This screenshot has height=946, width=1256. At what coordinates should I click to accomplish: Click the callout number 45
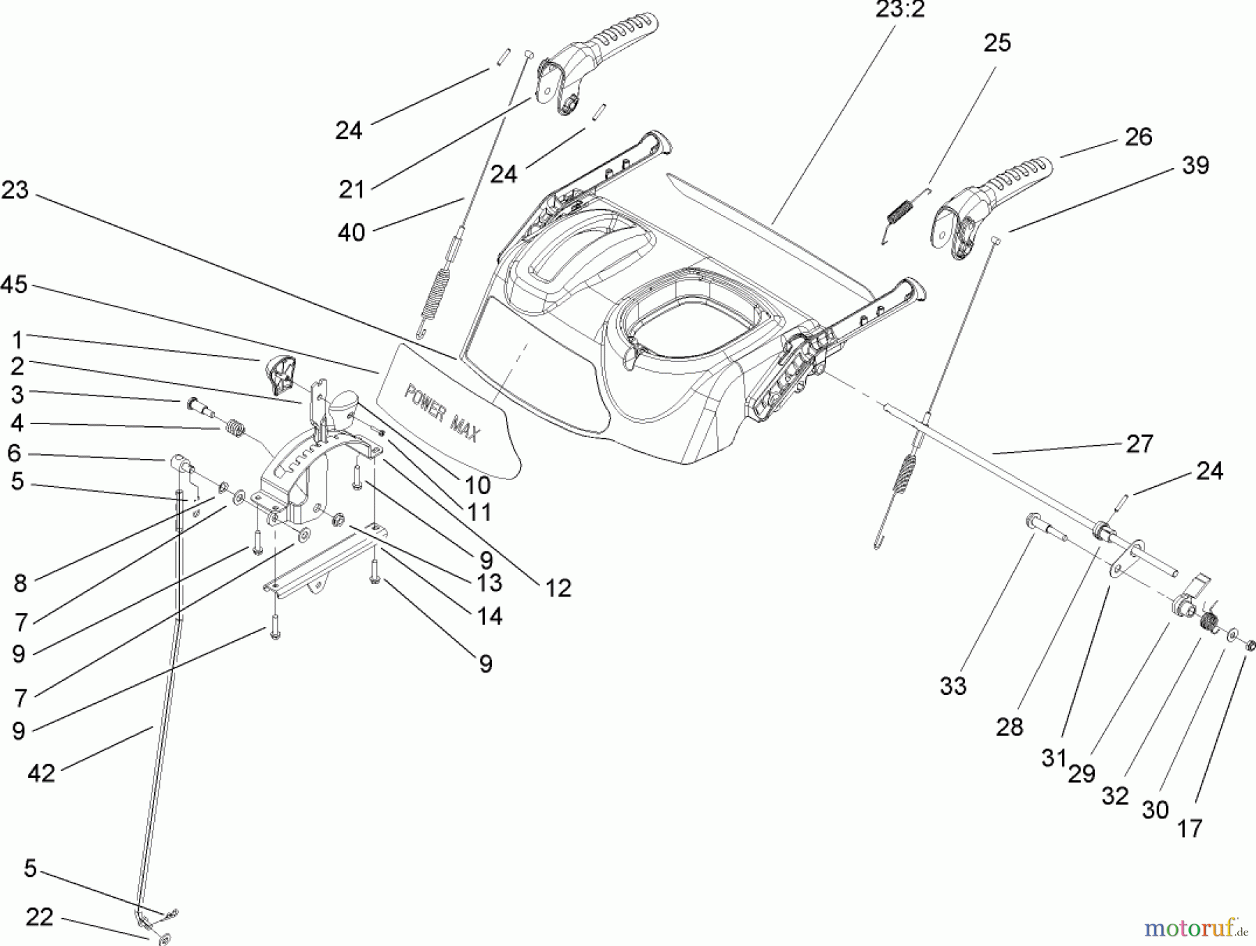point(14,285)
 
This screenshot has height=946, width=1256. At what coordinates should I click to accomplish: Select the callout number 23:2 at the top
point(899,10)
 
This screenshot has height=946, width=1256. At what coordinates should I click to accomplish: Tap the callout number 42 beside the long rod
point(41,772)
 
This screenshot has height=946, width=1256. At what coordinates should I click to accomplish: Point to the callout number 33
point(952,686)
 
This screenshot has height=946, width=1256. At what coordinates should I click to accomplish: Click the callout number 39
point(1195,165)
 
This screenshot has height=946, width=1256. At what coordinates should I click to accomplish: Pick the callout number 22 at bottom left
point(39,917)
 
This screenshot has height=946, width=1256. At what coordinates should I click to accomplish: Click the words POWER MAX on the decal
point(442,414)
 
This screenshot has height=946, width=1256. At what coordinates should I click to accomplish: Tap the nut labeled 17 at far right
point(1250,645)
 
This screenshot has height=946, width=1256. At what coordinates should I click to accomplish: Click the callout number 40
point(351,232)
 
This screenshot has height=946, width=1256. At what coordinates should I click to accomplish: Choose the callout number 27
point(1139,444)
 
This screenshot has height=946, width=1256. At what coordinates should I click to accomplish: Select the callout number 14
point(489,616)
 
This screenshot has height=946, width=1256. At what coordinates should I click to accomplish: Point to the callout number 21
point(351,189)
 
